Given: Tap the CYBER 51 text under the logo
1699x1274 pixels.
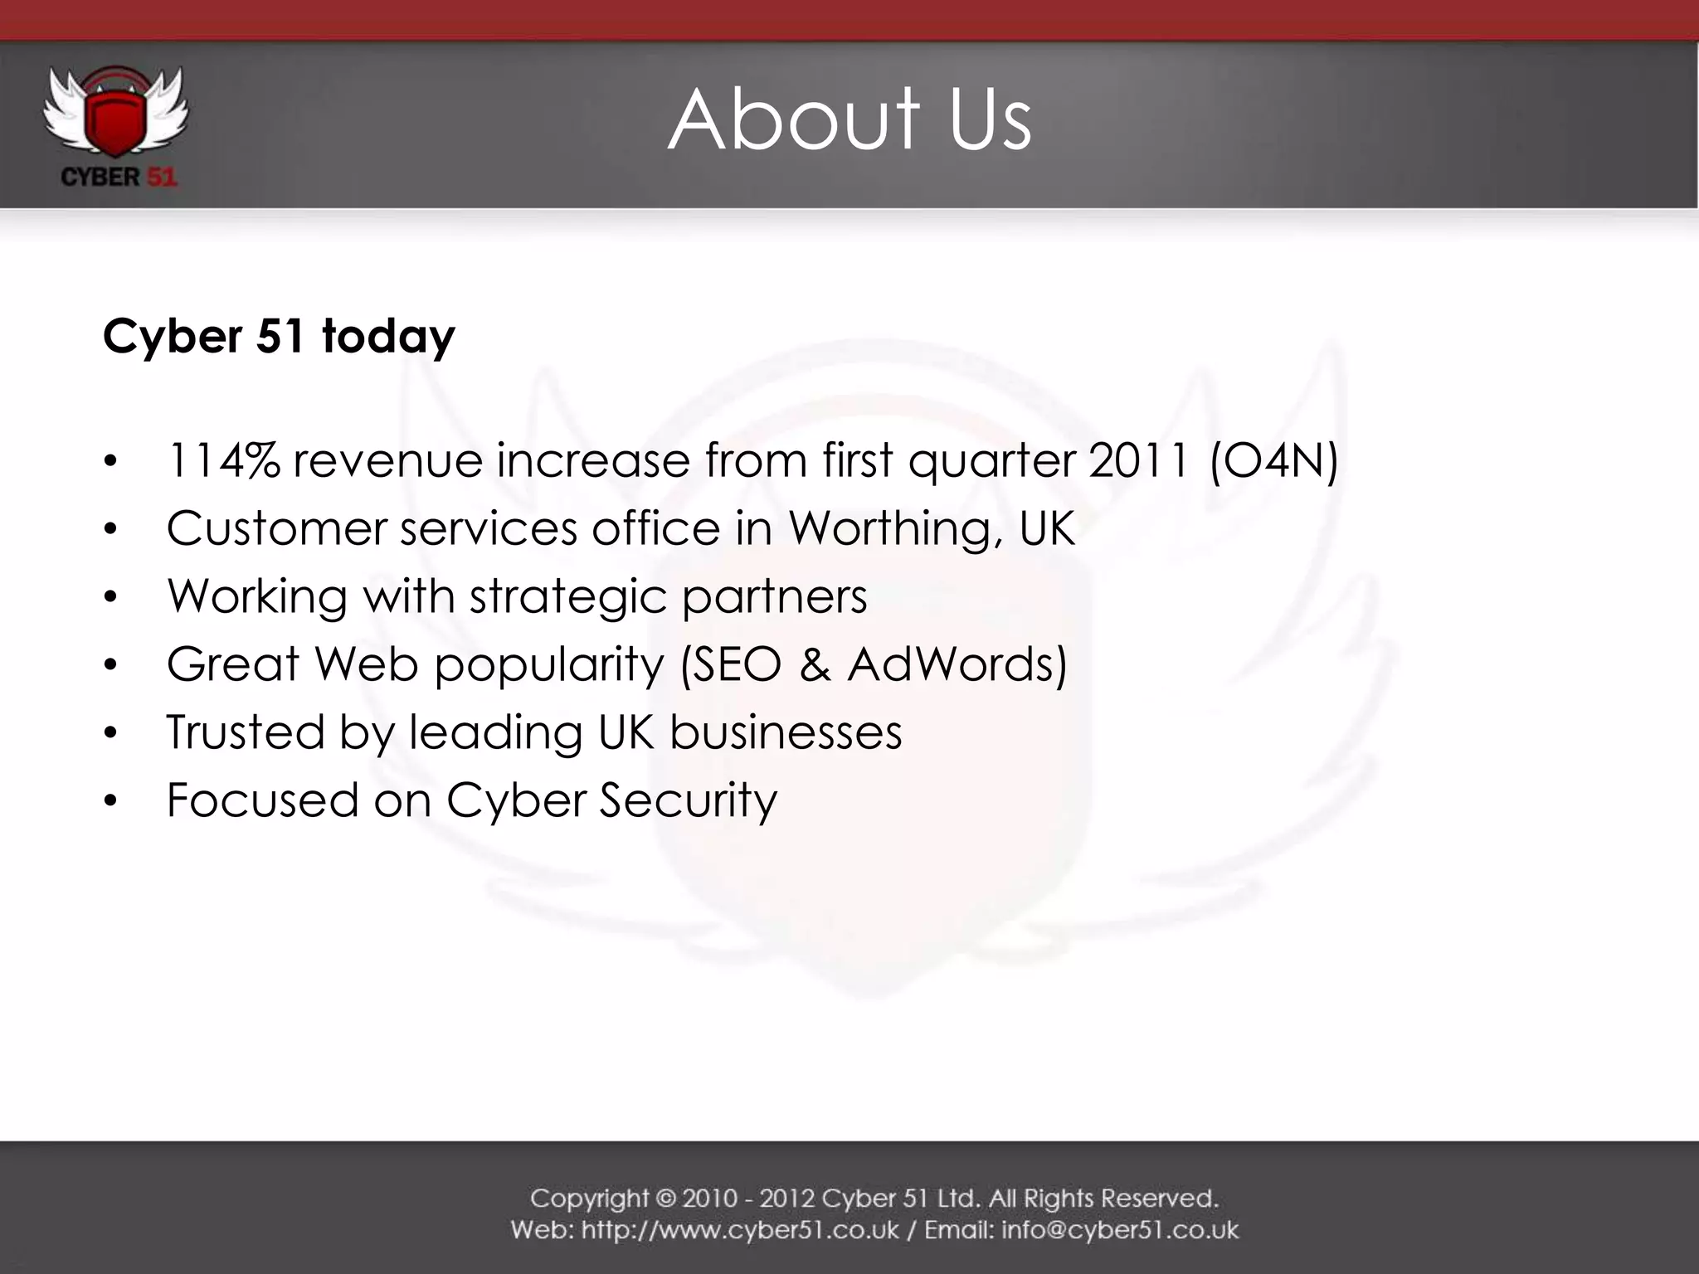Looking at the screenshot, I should coord(119,177).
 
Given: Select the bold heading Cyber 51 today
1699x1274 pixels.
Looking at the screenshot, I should coord(279,337).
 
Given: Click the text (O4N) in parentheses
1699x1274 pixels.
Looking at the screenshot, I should coord(1273,460).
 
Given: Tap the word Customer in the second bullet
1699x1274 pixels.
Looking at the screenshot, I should coord(276,529).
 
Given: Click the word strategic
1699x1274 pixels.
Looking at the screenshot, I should coord(568,597).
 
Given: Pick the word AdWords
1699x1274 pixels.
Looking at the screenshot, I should coord(957,664).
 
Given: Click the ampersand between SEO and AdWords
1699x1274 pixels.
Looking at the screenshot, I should coord(815,664).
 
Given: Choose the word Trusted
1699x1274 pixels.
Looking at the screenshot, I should coord(246,732).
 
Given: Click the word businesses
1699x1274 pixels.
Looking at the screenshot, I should coord(786,732).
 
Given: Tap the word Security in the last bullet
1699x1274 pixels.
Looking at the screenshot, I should coord(689,801).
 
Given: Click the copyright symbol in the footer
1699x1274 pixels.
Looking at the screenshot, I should coord(666,1199).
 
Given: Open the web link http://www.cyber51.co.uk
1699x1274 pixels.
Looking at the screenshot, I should coord(740,1229).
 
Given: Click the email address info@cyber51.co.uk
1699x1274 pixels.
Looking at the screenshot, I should coord(1120,1229).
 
